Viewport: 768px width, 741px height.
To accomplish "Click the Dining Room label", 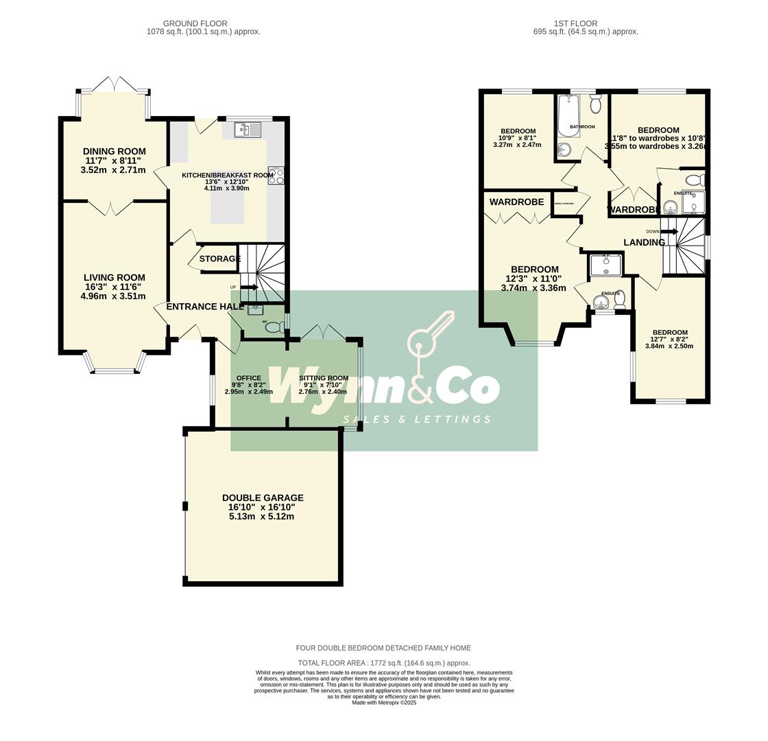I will pos(115,152).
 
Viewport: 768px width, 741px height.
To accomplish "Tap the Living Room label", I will pos(115,278).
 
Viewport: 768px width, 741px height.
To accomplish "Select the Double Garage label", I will pos(263,498).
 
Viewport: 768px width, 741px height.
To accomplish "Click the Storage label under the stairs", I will pos(219,259).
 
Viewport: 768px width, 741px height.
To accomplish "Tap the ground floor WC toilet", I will pos(274,327).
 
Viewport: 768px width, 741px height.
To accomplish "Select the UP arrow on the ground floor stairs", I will pos(248,287).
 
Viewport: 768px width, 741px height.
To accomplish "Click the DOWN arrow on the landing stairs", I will pos(669,232).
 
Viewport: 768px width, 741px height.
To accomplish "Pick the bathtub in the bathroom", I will pos(568,115).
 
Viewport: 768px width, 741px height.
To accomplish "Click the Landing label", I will pos(644,242).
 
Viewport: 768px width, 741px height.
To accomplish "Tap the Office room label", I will pos(249,378).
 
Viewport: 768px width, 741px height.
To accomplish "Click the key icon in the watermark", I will pos(429,335).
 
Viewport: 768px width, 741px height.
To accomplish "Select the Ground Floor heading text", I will pos(195,23).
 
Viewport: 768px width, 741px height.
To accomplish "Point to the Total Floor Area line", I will pos(384,663).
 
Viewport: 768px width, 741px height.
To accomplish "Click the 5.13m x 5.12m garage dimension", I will pos(261,517).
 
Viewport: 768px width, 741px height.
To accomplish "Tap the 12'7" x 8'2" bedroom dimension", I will pos(669,339).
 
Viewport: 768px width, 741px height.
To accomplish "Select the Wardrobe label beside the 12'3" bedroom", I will pos(516,202).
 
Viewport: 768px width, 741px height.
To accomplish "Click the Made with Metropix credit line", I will pos(384,703).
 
